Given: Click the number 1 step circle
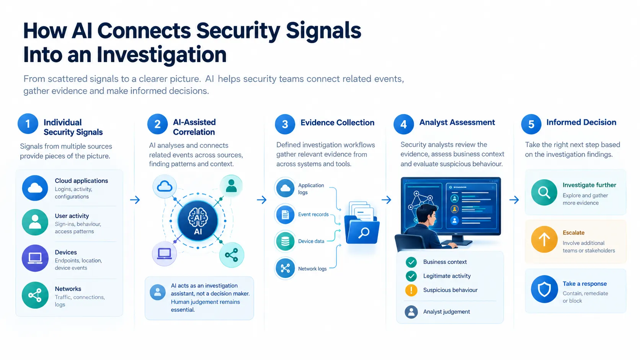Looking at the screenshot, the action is coord(28,124).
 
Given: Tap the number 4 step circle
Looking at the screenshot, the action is coord(403,124).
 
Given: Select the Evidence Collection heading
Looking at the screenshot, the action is coord(337,123).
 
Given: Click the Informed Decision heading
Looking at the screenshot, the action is coord(581,123).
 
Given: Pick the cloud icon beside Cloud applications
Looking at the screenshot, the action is coord(35,188).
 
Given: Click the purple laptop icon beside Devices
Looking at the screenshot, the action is coord(35,258).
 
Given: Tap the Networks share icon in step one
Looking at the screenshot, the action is coord(35,295).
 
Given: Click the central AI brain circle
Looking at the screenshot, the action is coord(198,221).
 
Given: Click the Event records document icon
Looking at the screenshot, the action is coord(285,214).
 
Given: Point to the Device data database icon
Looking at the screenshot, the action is coord(285,241).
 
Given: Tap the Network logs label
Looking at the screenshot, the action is coord(312,269).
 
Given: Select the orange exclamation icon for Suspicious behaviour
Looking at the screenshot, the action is coord(411,290).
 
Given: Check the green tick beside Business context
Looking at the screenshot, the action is coord(411,262).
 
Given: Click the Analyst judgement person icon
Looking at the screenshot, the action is coord(411,312).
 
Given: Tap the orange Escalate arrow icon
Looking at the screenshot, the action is coord(544,239).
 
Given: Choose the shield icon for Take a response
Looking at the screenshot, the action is coord(544,289).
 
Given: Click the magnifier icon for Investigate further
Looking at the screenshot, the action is coord(544,192).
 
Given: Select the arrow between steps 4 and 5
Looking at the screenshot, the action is coord(514,200).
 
